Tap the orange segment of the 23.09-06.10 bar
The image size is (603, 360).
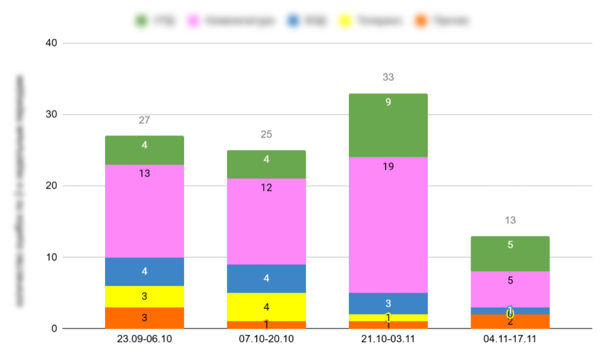tap(144, 318)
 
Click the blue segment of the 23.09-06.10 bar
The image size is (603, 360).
tap(144, 272)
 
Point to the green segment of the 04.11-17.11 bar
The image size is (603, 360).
tap(510, 254)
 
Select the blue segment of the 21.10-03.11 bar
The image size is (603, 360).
tap(388, 303)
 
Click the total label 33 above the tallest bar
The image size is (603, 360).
tap(388, 77)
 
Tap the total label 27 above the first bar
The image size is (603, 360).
tap(144, 120)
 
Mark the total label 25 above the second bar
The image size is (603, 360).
tap(266, 134)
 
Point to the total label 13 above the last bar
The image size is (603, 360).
tap(510, 220)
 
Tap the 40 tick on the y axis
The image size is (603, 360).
tap(52, 43)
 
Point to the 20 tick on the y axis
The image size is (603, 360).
tap(52, 186)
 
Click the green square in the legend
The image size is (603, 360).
tap(141, 21)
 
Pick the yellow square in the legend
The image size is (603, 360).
tap(345, 21)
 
